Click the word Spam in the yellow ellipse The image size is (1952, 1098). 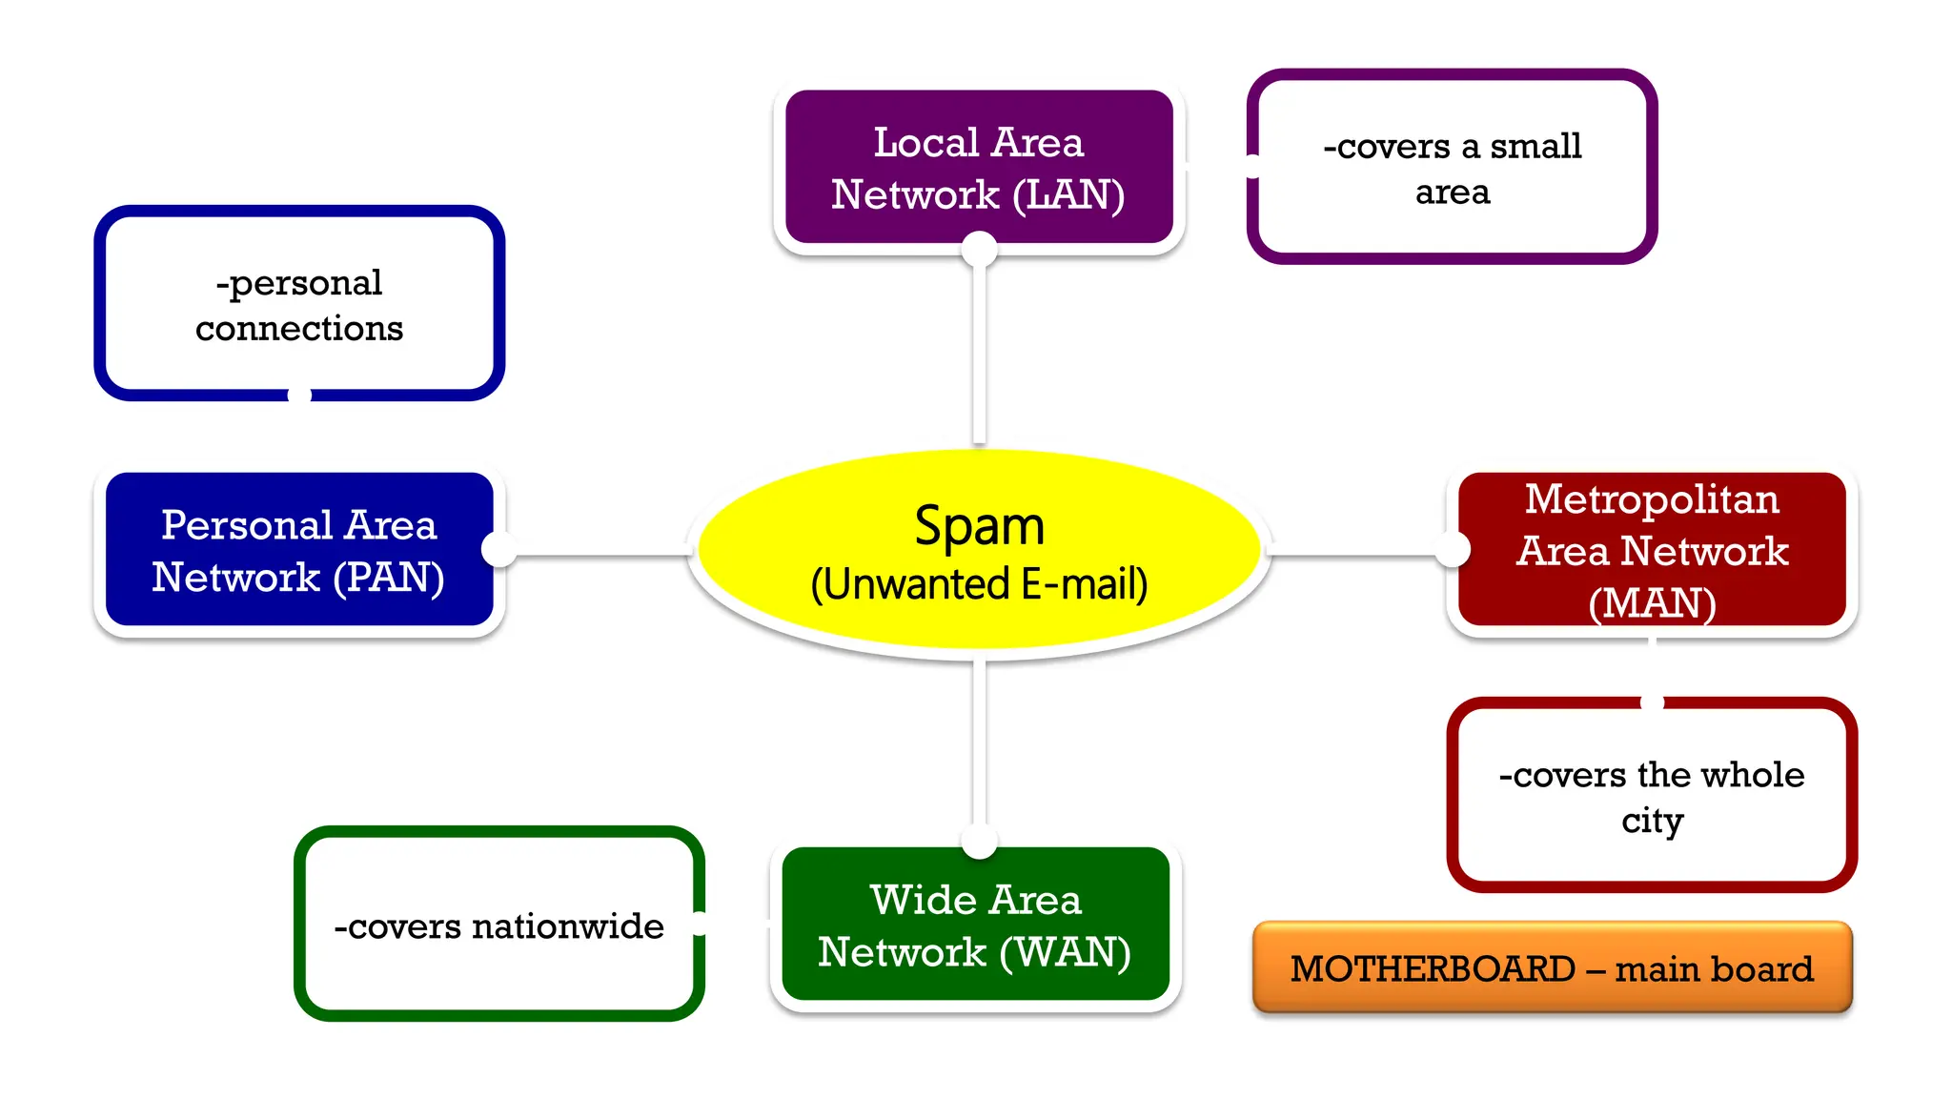coord(979,526)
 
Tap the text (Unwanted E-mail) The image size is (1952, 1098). coord(979,584)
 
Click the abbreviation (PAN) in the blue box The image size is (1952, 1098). coord(389,578)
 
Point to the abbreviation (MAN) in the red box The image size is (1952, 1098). coord(1652,603)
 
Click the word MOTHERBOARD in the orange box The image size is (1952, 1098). coord(1432,969)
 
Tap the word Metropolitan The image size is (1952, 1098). coord(1652,499)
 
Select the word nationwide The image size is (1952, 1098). coord(568,926)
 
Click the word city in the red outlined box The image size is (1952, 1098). coord(1652,821)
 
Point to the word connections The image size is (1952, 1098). coord(299,329)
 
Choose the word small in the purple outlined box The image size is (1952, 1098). coord(1535,147)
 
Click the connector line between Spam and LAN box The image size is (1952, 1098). coord(979,353)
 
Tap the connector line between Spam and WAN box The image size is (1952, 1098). coord(979,743)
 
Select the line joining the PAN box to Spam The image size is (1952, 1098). coord(600,554)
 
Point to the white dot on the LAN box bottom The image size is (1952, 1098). coord(979,250)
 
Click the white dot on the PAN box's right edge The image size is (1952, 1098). coord(498,549)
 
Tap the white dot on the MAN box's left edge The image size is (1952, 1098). coord(1453,549)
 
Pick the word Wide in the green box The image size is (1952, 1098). coord(910,901)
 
